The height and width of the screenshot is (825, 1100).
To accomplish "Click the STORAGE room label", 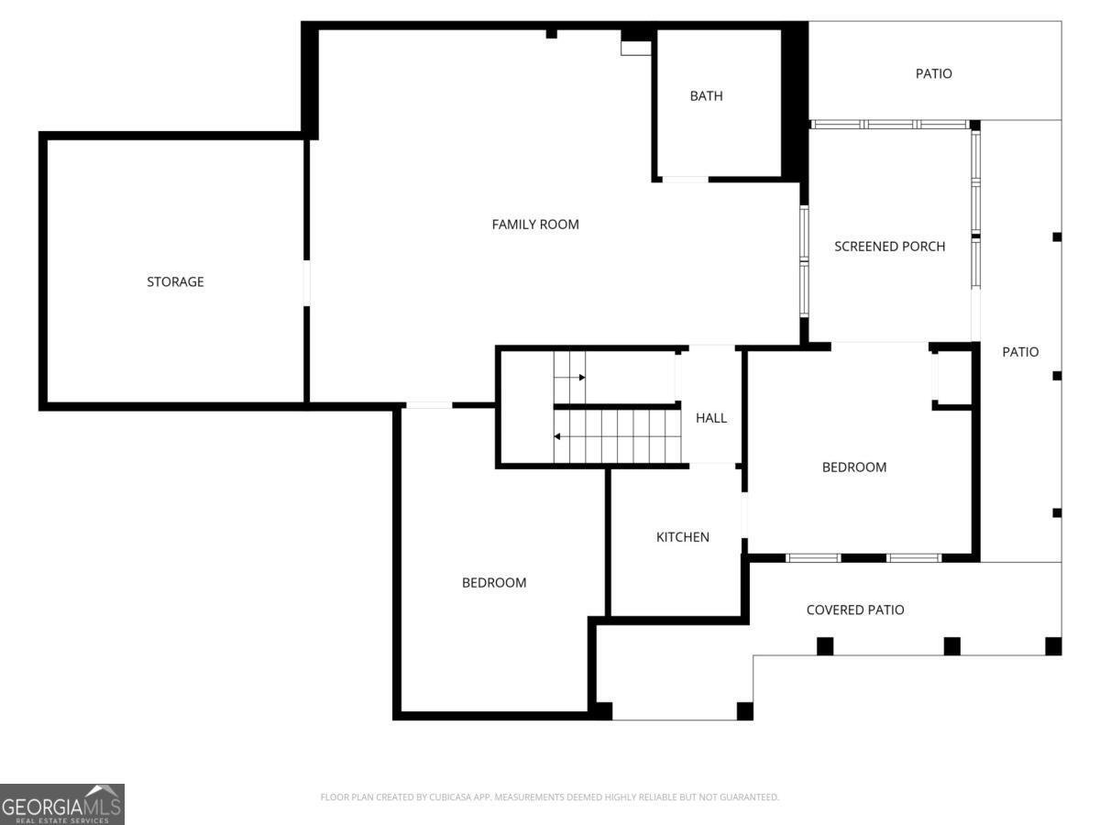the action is (175, 281).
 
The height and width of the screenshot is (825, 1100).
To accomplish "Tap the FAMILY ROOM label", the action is (535, 225).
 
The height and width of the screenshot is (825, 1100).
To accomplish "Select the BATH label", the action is (706, 95).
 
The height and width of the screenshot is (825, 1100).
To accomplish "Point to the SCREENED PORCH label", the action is (889, 247).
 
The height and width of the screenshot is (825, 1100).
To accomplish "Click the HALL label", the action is (711, 418).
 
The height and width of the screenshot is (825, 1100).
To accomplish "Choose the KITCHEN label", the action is (683, 537).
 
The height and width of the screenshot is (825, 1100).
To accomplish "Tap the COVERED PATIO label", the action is (855, 610).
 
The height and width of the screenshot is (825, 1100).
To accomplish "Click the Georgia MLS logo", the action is (62, 805).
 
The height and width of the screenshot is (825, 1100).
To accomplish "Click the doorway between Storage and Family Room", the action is (307, 283).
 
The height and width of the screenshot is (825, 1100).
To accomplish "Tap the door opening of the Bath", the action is (685, 180).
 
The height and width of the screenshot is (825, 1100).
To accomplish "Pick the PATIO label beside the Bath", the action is (933, 73).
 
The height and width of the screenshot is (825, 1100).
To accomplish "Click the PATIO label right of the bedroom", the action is (1020, 352).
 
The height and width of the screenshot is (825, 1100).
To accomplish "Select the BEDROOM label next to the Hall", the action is (854, 467).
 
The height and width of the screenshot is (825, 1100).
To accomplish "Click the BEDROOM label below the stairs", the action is (494, 583).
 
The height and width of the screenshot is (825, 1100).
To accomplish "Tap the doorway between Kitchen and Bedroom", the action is (744, 515).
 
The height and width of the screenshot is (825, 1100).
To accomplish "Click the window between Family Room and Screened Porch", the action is (804, 261).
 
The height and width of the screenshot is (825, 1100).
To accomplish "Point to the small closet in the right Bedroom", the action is (952, 378).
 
